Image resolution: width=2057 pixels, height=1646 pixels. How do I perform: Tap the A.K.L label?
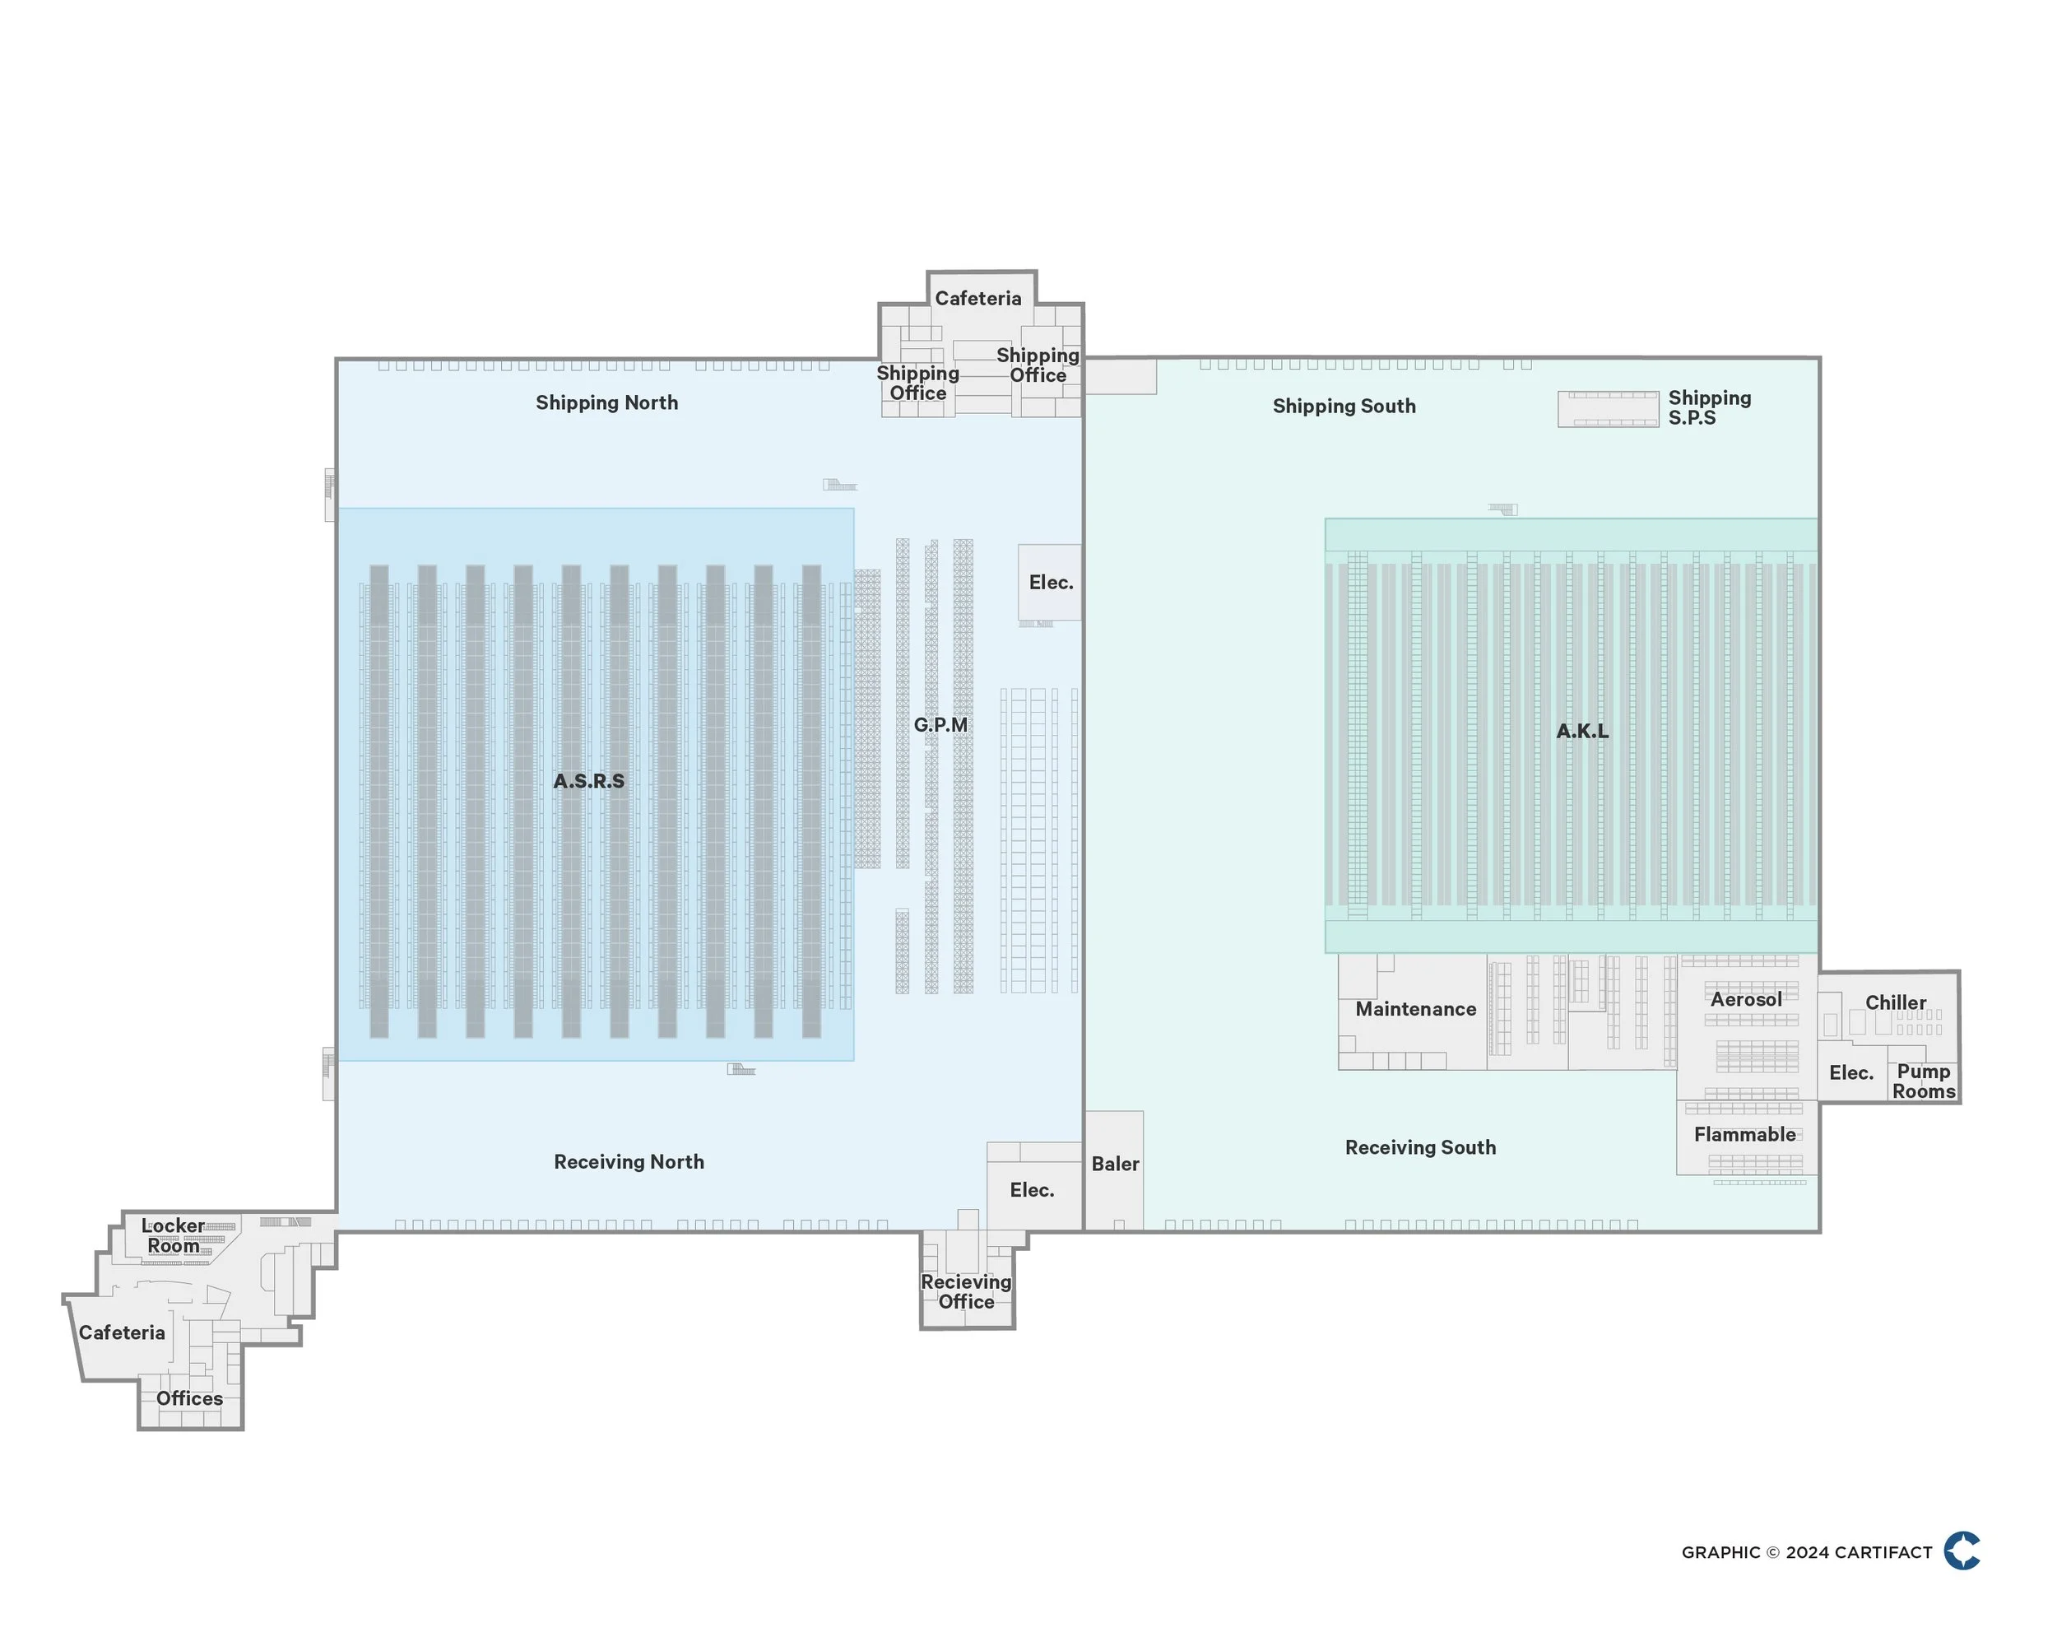(x=1582, y=732)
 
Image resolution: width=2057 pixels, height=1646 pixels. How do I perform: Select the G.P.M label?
(x=940, y=725)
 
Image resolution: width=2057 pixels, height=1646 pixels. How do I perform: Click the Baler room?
(x=1114, y=1164)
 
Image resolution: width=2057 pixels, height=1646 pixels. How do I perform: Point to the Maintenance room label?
(x=1415, y=1010)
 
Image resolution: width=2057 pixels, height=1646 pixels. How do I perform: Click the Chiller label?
(x=1895, y=1003)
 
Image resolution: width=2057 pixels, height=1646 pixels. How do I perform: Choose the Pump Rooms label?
(x=1923, y=1081)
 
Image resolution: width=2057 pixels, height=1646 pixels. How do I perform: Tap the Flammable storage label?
(x=1744, y=1135)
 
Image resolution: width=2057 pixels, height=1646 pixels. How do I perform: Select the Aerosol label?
(x=1745, y=1000)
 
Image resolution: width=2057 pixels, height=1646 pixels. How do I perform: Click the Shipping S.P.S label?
(x=1708, y=407)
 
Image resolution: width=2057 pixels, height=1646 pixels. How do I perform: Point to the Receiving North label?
(x=629, y=1162)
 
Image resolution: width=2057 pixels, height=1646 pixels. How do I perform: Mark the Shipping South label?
(x=1344, y=407)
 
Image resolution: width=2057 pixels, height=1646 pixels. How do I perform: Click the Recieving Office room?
(x=965, y=1292)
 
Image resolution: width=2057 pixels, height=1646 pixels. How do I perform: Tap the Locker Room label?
(x=173, y=1235)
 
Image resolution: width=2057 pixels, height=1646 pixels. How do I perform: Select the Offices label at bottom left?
(x=189, y=1399)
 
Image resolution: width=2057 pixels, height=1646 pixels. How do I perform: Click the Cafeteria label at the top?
(x=977, y=299)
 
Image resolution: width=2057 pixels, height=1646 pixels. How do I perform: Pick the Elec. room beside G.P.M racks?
(x=1051, y=583)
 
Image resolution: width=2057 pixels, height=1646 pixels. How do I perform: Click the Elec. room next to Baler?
(x=1031, y=1191)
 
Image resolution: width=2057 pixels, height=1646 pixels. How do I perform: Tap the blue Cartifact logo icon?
(x=1962, y=1551)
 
